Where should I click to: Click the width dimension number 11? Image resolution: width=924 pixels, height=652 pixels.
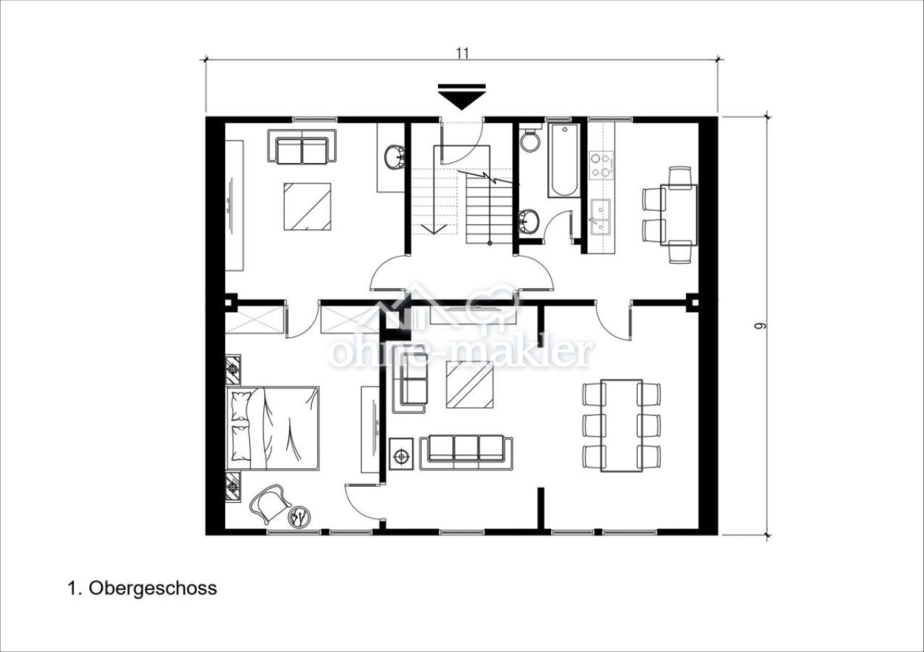tap(463, 53)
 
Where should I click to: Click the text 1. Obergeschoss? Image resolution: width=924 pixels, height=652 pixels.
tap(142, 588)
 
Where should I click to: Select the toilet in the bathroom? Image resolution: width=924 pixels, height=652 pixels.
tap(530, 139)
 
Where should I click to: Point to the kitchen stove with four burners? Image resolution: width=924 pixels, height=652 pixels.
tap(601, 165)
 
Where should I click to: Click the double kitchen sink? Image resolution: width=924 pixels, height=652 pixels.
tap(601, 217)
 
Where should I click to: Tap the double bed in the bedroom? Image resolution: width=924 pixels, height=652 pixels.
tap(273, 428)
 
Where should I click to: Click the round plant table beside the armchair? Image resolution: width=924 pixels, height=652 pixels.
tap(300, 517)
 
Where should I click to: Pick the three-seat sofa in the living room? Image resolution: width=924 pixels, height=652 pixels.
tap(466, 453)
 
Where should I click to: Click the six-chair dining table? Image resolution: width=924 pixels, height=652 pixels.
tap(622, 425)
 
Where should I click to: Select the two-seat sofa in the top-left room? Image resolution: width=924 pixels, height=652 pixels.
tap(302, 146)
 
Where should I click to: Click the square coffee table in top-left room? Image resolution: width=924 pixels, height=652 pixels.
tap(308, 206)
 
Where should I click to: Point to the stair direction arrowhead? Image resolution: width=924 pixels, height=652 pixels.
tap(434, 229)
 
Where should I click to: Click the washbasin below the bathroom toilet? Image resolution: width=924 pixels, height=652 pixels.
tap(529, 222)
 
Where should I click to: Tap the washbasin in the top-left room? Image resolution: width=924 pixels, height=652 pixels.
tap(395, 156)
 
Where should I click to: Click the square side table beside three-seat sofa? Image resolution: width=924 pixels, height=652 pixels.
tap(401, 454)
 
